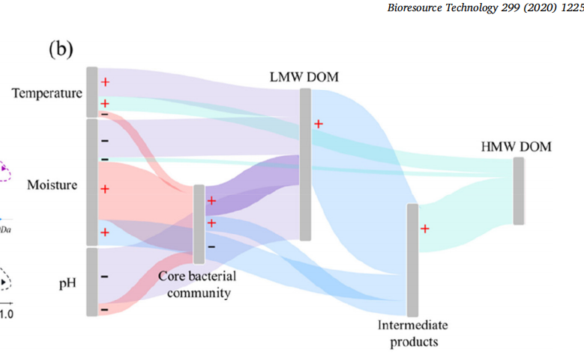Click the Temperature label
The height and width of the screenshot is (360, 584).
(x=46, y=94)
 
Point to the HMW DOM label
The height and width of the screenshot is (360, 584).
(x=515, y=146)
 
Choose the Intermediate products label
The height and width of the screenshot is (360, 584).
(x=412, y=333)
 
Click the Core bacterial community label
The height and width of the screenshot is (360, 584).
(x=193, y=283)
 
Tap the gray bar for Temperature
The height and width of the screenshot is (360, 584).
(x=91, y=91)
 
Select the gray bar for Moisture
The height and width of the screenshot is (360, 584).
(x=91, y=181)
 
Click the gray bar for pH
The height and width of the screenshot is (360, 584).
(x=91, y=282)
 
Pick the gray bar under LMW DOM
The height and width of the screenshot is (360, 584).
(x=305, y=164)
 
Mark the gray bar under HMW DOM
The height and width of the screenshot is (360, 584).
(x=518, y=191)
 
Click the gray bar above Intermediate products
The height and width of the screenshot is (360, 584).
(x=412, y=259)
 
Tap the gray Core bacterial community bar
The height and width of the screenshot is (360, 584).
(x=199, y=223)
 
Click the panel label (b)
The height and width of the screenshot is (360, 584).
(x=61, y=49)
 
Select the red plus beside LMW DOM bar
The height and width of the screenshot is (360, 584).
(x=318, y=124)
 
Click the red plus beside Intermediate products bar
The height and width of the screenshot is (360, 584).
(x=424, y=228)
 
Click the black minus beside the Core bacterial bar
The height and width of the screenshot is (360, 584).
(x=211, y=246)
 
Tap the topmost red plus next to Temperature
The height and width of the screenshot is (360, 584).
(x=105, y=82)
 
